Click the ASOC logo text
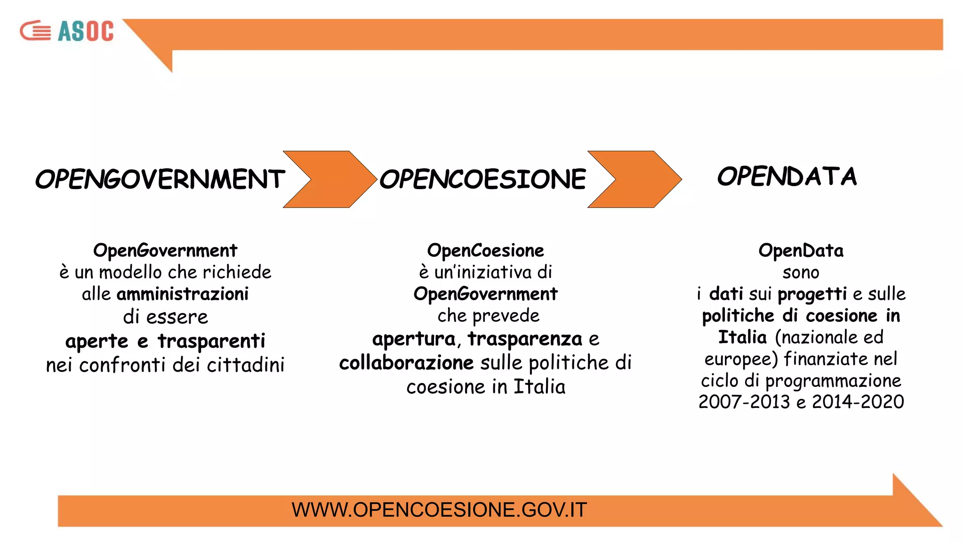click(86, 32)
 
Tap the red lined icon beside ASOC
click(36, 31)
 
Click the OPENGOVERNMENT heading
click(160, 179)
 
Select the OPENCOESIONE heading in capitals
click(482, 179)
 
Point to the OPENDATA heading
click(787, 176)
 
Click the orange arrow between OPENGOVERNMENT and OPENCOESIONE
click(329, 179)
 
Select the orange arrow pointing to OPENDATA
click(634, 179)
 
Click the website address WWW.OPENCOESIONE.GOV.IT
click(439, 510)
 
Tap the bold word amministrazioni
click(183, 294)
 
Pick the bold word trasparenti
click(211, 341)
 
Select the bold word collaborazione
click(406, 363)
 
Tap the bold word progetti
click(812, 295)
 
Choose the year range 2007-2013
click(744, 402)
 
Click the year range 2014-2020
click(858, 402)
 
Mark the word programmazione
click(833, 381)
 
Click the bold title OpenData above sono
click(801, 251)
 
